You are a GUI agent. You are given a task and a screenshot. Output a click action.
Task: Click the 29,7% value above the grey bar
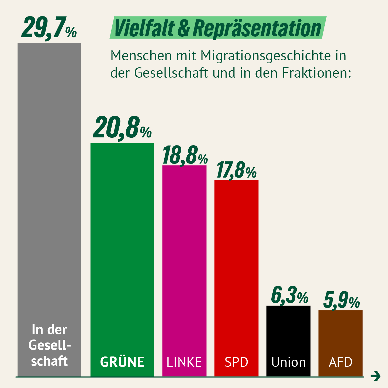click(x=49, y=28)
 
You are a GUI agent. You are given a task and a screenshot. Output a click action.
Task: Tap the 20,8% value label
click(x=122, y=128)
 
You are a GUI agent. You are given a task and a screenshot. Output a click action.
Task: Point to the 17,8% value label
click(x=236, y=170)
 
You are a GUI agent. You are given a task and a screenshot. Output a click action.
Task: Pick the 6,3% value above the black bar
click(x=289, y=296)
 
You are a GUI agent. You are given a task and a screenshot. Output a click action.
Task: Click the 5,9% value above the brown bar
click(x=341, y=300)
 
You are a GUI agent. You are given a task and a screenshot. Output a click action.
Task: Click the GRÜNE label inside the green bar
click(x=122, y=362)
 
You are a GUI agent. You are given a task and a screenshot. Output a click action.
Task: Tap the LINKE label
click(x=184, y=362)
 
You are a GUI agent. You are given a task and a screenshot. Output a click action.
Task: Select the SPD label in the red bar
click(x=236, y=362)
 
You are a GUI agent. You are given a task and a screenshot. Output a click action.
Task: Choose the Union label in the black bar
click(x=289, y=362)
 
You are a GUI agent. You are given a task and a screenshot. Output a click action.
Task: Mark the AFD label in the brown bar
click(x=341, y=362)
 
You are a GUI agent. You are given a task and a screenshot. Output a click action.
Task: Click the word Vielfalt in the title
click(x=144, y=28)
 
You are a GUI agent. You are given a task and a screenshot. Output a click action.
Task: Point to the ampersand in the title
click(x=184, y=28)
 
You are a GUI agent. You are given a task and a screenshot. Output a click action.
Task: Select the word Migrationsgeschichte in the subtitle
click(x=266, y=56)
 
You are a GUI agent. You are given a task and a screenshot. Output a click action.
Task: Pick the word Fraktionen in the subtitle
click(x=317, y=73)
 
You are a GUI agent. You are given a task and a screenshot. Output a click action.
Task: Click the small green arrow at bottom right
click(x=375, y=376)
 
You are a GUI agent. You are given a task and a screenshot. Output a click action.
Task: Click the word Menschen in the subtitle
click(x=141, y=56)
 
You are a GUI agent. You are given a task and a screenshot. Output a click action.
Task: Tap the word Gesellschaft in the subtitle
click(x=171, y=73)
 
